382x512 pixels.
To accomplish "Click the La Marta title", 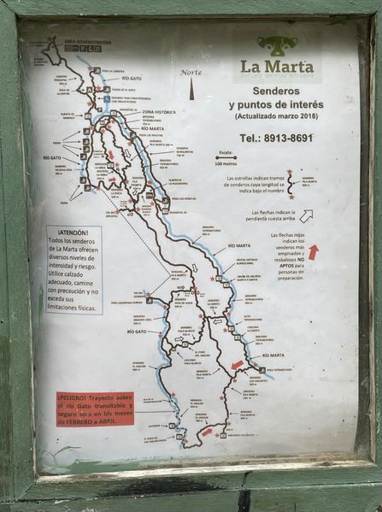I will pyautogui.click(x=276, y=66).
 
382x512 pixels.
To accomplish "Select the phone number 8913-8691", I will pyautogui.click(x=288, y=137).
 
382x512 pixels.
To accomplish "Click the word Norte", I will pyautogui.click(x=191, y=72).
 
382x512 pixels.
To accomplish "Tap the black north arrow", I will pyautogui.click(x=191, y=88).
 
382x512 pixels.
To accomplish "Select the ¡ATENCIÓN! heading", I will pyautogui.click(x=73, y=232).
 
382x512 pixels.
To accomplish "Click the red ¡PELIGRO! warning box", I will pyautogui.click(x=95, y=409).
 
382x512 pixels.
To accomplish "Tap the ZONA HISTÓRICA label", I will pyautogui.click(x=158, y=112).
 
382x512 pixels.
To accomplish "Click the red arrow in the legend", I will pyautogui.click(x=312, y=251).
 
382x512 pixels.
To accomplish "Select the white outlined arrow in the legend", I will pyautogui.click(x=305, y=215).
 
